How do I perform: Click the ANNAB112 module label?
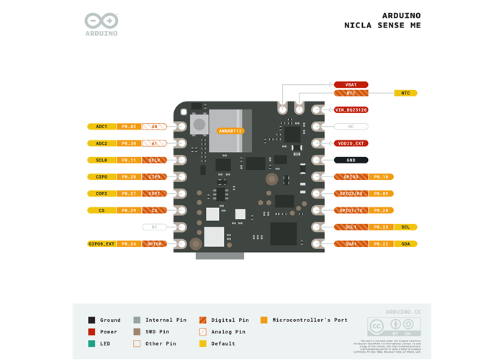(x=231, y=131)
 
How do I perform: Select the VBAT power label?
(x=351, y=84)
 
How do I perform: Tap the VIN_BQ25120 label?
(x=351, y=109)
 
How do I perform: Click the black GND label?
(x=351, y=160)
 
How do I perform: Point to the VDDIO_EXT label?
(x=351, y=143)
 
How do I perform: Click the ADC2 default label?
(x=102, y=143)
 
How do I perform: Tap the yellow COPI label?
(x=102, y=194)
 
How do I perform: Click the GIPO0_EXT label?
(x=102, y=244)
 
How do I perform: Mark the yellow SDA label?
(x=405, y=244)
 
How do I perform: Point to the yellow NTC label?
(x=405, y=93)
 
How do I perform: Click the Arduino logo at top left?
(x=102, y=24)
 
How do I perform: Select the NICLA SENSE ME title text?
(x=382, y=26)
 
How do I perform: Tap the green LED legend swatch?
(x=91, y=343)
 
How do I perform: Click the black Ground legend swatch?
(x=91, y=320)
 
